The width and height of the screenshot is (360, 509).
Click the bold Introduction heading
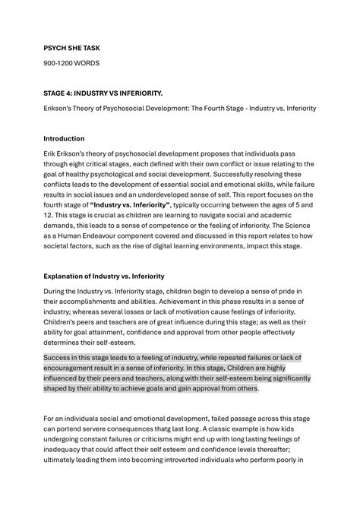64,139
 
